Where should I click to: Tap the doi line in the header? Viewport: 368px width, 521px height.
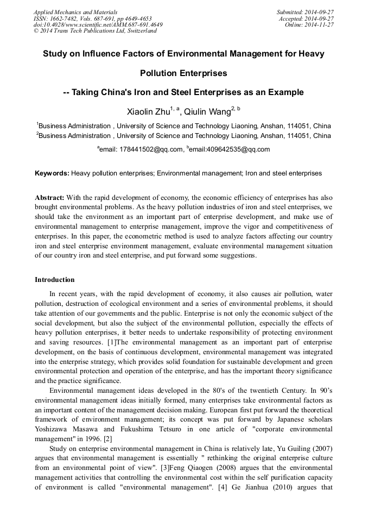click(98, 25)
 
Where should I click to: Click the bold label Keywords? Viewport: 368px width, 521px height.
click(52, 173)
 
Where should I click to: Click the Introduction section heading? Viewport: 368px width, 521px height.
click(55, 280)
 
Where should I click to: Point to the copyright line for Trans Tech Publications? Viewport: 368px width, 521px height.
click(95, 31)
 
